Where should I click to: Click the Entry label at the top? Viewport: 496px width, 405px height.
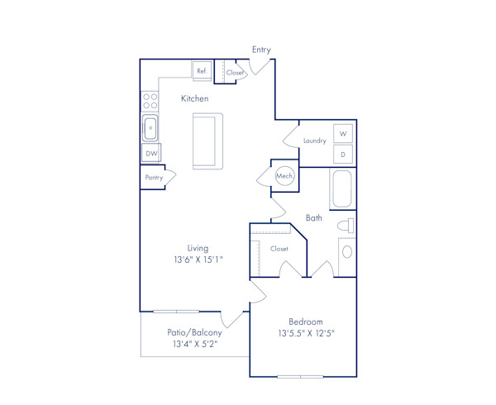261,50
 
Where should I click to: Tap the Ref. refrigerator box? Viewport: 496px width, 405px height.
202,72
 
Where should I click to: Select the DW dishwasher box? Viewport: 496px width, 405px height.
151,154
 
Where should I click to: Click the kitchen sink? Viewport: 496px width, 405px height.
150,128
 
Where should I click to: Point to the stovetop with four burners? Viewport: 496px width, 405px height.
150,101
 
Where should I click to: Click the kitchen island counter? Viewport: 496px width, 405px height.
207,141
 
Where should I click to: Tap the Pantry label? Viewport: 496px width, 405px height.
154,178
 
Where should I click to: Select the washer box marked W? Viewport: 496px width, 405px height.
343,133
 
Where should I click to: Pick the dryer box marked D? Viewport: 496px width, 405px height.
343,154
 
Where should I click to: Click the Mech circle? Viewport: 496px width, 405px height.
284,176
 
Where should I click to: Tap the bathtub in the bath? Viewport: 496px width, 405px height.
342,189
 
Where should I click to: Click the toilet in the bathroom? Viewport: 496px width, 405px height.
346,226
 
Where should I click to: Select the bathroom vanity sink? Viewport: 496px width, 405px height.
346,252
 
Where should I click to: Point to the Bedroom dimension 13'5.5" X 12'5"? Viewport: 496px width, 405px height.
305,334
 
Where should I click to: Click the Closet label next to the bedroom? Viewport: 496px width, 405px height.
279,248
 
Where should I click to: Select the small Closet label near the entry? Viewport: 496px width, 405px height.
235,73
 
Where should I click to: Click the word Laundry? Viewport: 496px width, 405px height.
314,141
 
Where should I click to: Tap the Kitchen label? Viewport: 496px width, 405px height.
195,98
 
